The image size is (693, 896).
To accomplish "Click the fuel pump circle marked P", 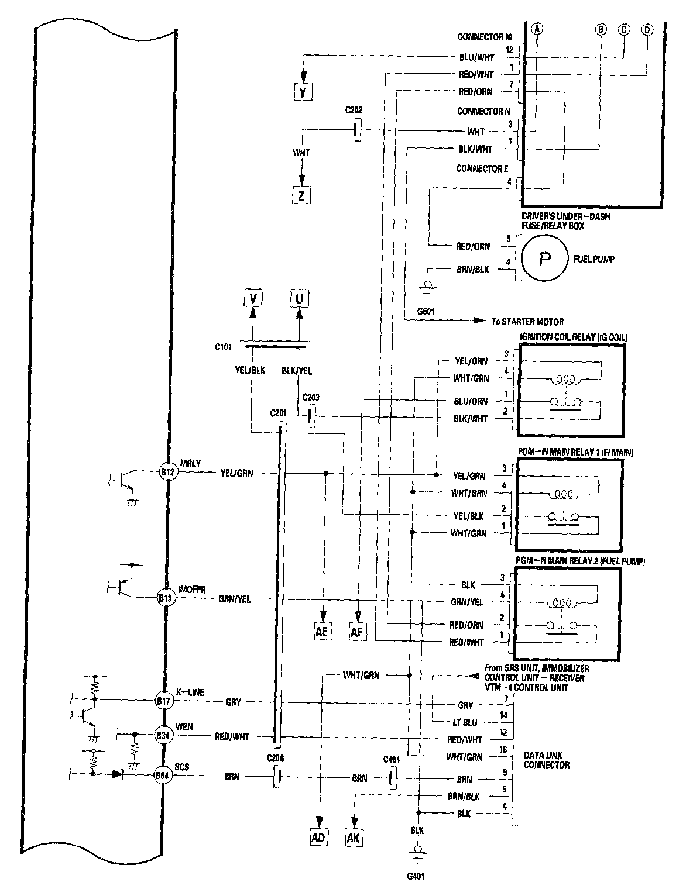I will click(x=544, y=258).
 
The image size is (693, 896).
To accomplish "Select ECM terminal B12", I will click(x=168, y=473).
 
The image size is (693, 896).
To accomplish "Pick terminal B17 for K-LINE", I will click(x=163, y=699).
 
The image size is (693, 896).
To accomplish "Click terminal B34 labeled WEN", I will click(x=163, y=736).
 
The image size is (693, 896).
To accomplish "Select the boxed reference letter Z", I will click(x=301, y=195).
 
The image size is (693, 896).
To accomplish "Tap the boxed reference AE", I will click(x=322, y=632).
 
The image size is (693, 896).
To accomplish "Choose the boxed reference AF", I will click(x=357, y=632).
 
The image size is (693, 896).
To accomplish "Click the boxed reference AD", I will click(x=318, y=838).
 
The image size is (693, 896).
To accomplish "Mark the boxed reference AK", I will click(x=354, y=838).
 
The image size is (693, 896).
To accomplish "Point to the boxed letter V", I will click(x=253, y=299).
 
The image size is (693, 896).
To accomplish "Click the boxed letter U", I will click(x=300, y=299).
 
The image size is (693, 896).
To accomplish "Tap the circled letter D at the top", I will click(x=647, y=29).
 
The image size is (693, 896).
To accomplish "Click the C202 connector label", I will click(x=354, y=109).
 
